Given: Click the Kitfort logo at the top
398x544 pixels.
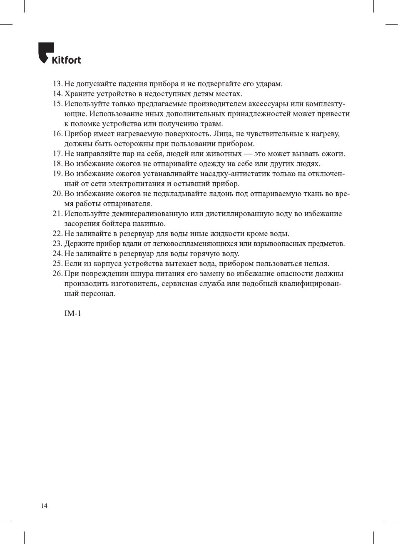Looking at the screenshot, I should [60, 54].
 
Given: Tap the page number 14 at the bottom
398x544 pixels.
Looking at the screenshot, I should [44, 506].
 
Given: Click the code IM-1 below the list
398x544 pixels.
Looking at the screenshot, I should [72, 313].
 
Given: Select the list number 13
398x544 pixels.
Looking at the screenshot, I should [57, 84].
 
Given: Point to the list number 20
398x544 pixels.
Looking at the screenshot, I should [57, 194].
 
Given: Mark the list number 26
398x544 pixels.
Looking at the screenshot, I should [57, 274].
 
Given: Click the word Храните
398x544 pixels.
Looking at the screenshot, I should [79, 94].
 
